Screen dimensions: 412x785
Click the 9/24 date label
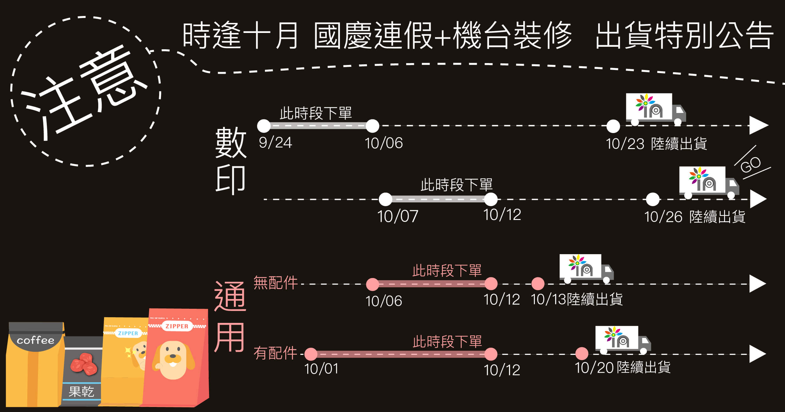click(x=275, y=142)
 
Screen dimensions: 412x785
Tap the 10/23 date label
click(x=625, y=144)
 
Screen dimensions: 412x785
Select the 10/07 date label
click(x=397, y=216)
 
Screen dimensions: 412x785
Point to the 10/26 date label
click(x=663, y=217)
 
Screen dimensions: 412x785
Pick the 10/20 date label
click(x=594, y=367)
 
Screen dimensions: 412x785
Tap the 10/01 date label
click(x=321, y=369)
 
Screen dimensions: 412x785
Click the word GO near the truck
click(x=750, y=164)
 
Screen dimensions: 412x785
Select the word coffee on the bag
click(x=35, y=340)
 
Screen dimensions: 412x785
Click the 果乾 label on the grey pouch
click(x=81, y=392)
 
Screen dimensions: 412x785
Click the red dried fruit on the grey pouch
click(x=83, y=364)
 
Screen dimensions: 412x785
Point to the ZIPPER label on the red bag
click(x=177, y=326)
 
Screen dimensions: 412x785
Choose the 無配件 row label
click(x=275, y=283)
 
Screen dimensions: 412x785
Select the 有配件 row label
click(x=275, y=353)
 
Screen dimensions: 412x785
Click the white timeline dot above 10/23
click(x=613, y=126)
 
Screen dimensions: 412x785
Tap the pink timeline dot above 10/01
click(x=311, y=354)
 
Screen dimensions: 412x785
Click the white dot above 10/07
click(x=385, y=199)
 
